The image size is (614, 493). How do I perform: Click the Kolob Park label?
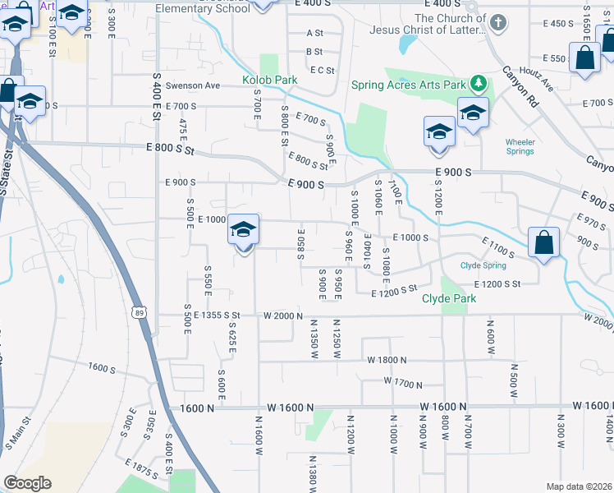[269, 81]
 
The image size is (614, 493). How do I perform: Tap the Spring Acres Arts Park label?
[407, 85]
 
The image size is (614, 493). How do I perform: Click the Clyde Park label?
[449, 298]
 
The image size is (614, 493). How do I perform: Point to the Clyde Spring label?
[483, 265]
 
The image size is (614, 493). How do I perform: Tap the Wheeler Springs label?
[520, 147]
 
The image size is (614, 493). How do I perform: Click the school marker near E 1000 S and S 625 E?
[244, 230]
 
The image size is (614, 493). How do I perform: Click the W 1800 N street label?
[388, 360]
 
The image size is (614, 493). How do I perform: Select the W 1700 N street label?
[402, 382]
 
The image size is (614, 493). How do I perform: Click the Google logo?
[27, 483]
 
